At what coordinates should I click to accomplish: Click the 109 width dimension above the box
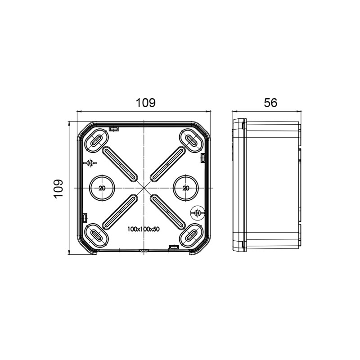click(x=146, y=103)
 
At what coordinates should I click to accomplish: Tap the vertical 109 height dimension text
click(x=58, y=189)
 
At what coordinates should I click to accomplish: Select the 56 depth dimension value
click(x=270, y=103)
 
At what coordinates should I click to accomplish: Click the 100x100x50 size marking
click(x=144, y=229)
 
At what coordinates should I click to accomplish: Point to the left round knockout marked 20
click(x=102, y=188)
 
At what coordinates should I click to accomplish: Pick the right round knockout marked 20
click(x=186, y=188)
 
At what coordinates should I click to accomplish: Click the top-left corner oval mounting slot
click(x=96, y=140)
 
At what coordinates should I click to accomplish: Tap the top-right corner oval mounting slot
click(x=191, y=140)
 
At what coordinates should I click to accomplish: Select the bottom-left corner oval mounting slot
click(x=96, y=235)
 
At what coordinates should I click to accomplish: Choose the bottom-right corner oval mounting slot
click(x=191, y=235)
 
